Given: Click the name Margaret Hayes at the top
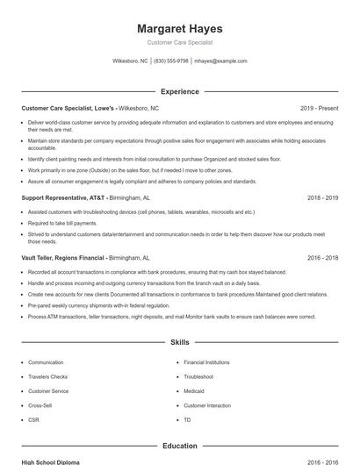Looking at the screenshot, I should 179,28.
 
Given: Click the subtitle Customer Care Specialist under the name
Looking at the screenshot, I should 179,42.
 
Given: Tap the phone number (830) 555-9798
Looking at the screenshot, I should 171,61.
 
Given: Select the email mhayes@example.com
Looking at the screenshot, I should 220,61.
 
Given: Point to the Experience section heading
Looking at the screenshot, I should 179,91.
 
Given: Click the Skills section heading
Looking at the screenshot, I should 179,341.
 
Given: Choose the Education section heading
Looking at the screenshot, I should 179,446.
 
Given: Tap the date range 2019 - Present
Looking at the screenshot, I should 319,108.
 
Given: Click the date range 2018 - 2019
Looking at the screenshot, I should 322,198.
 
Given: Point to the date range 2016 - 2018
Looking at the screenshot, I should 322,259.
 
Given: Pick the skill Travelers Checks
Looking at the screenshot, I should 47,376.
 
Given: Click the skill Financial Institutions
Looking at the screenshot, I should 206,362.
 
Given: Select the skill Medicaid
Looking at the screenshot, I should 194,391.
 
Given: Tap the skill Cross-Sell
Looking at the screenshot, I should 40,405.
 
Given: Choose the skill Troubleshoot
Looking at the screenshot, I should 199,376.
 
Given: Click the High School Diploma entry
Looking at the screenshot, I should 51,461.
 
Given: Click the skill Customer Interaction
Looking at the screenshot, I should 207,405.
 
